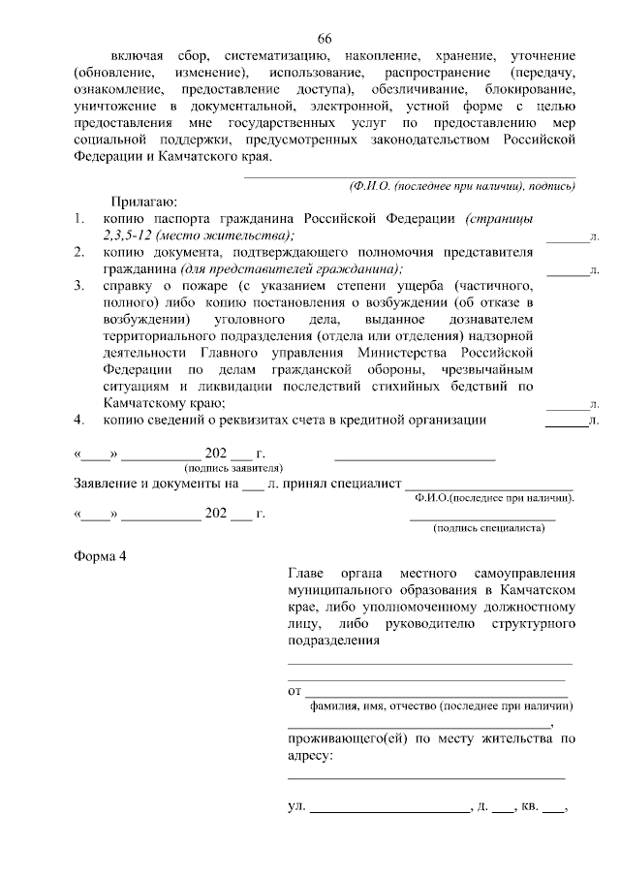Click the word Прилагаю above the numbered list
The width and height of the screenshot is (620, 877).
[x=139, y=202]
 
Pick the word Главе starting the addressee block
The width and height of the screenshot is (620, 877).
[x=310, y=574]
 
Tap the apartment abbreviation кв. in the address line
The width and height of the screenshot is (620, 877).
[x=530, y=805]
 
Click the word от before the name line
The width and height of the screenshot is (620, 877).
[x=295, y=691]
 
